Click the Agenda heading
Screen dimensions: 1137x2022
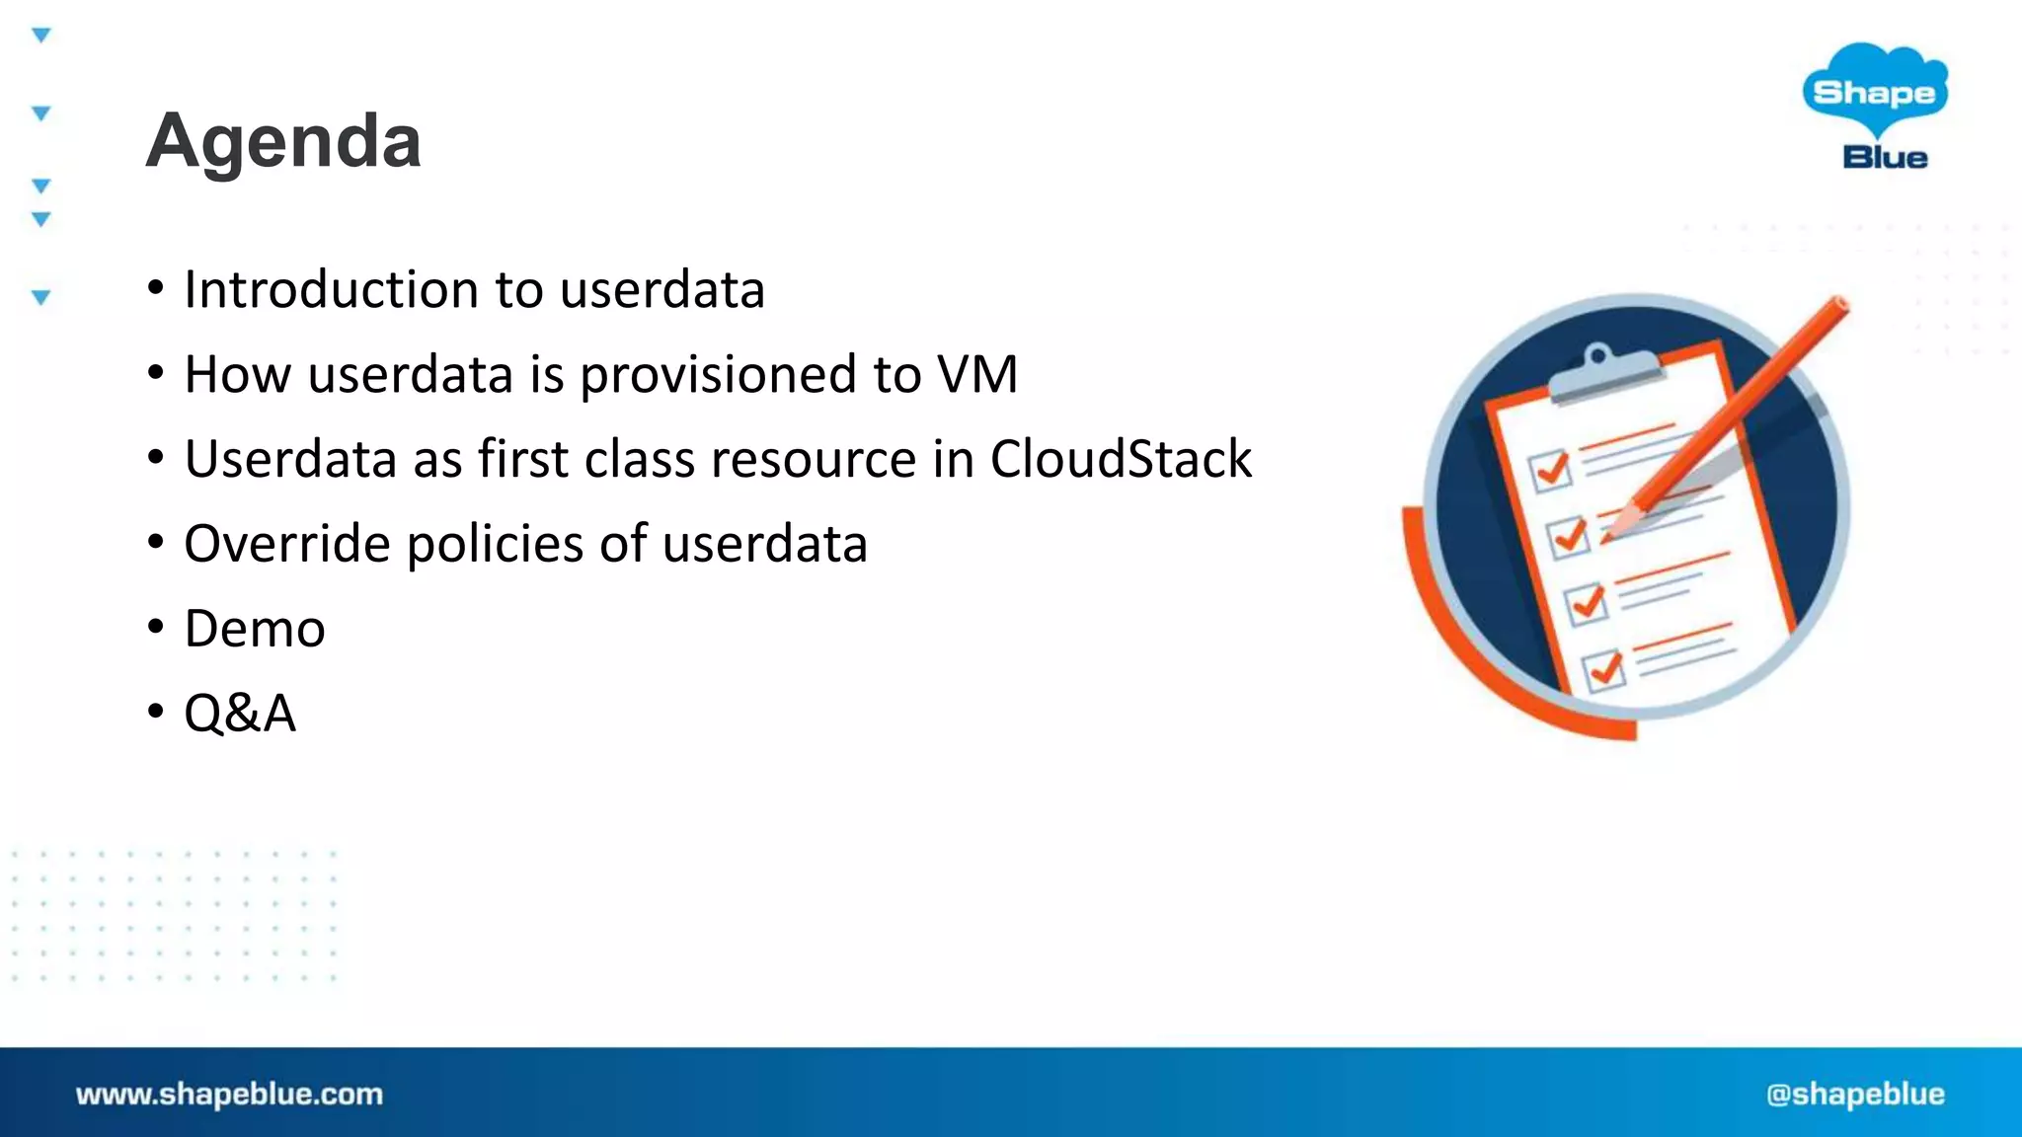point(283,141)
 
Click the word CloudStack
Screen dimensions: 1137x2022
point(1121,459)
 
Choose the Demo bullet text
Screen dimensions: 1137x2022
point(255,629)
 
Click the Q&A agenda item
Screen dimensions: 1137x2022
point(240,713)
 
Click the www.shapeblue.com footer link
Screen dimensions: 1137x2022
point(229,1094)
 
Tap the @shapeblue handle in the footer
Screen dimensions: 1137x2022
point(1855,1094)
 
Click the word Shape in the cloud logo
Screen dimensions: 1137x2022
point(1874,93)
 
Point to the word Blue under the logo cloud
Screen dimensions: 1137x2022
point(1885,157)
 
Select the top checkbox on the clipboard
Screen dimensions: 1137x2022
point(1550,470)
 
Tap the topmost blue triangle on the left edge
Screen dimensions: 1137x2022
point(40,36)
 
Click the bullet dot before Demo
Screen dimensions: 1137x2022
point(155,628)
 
